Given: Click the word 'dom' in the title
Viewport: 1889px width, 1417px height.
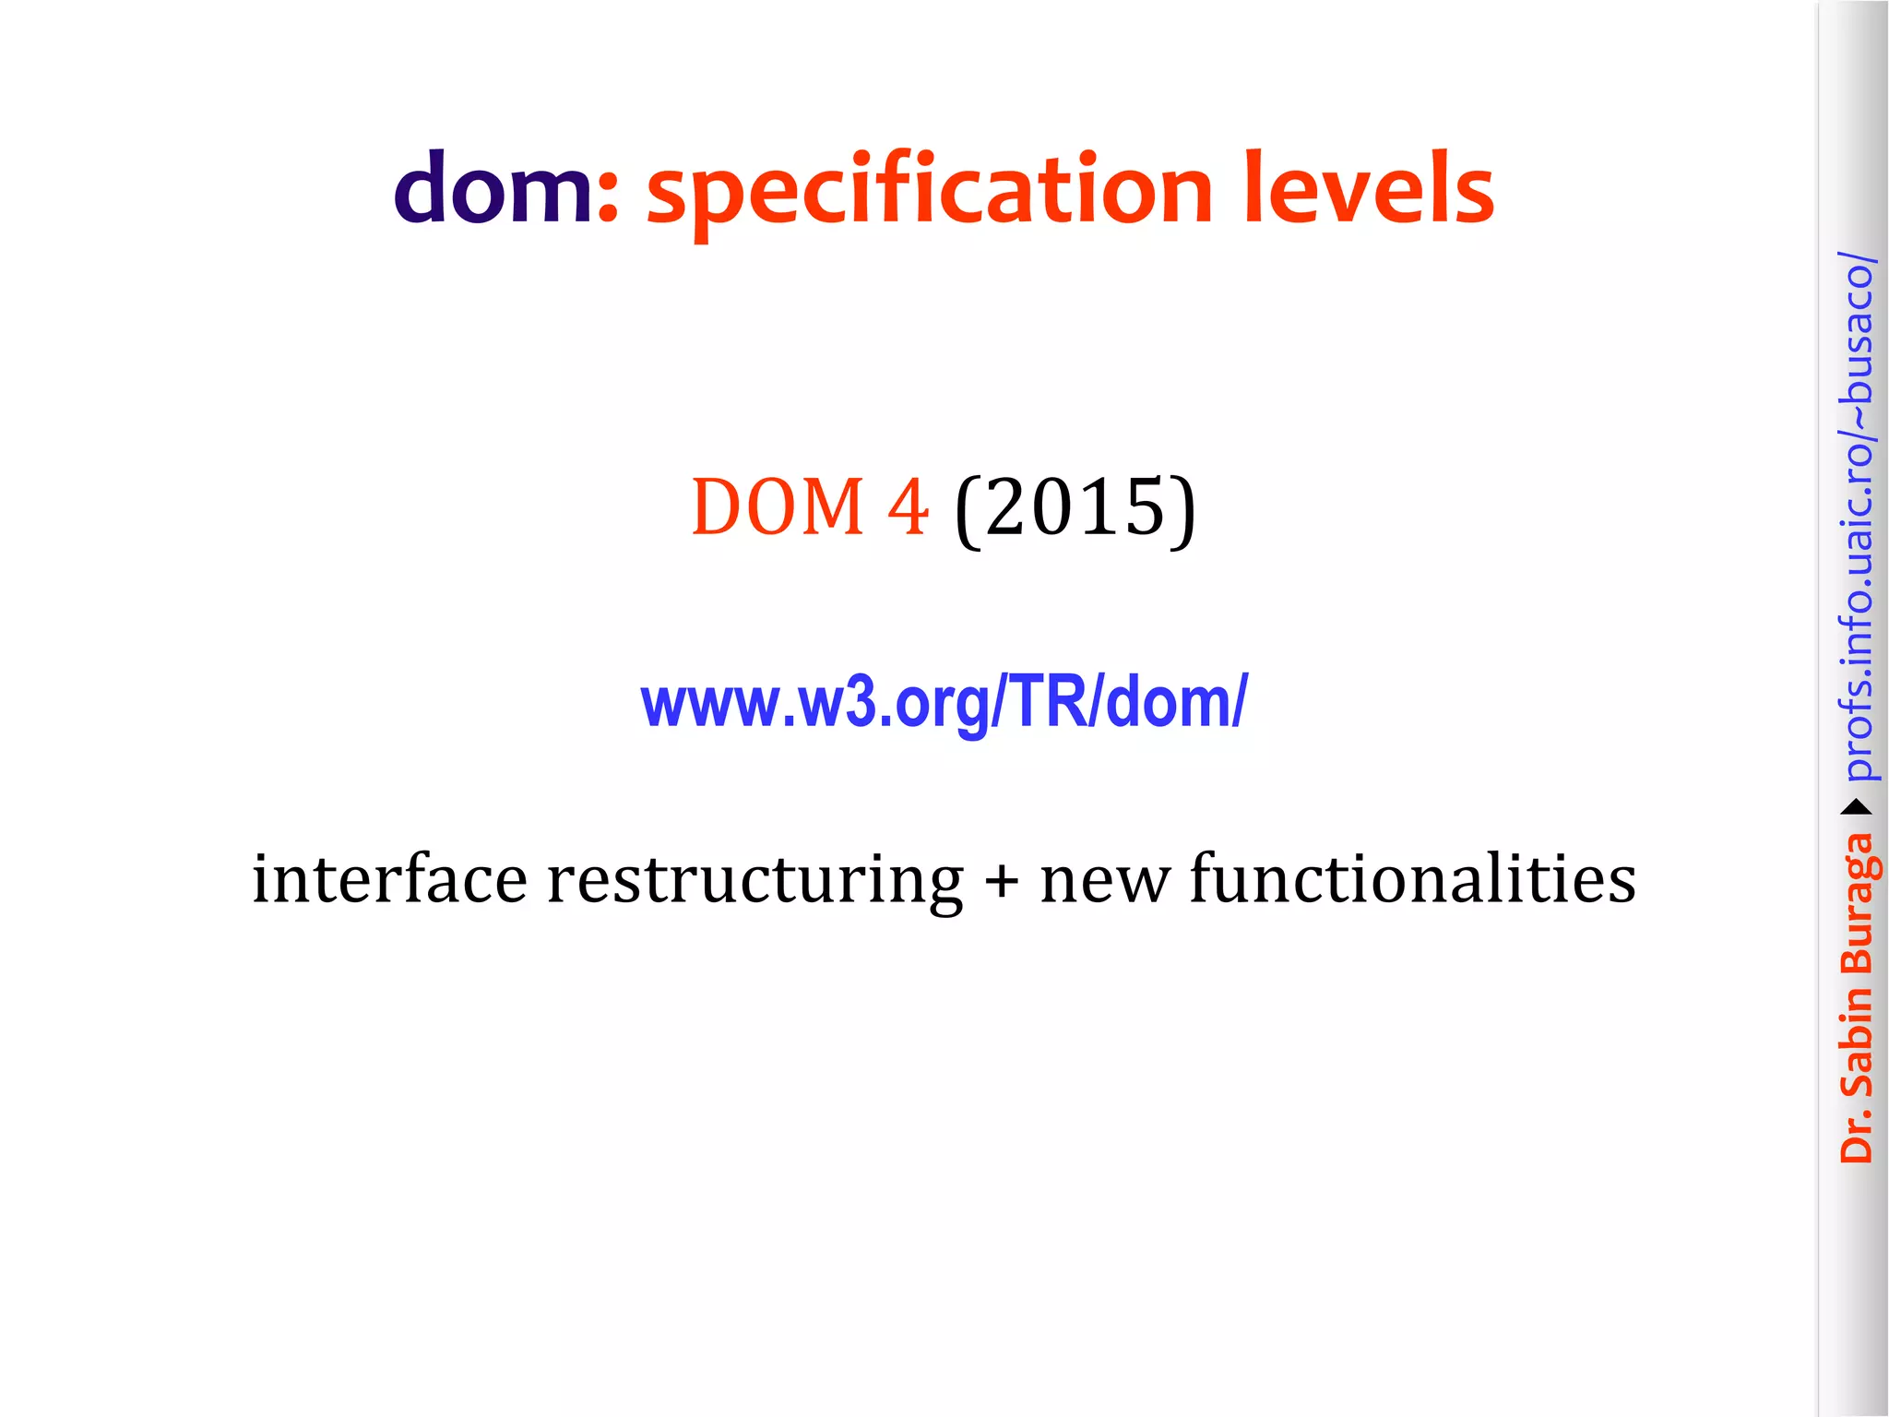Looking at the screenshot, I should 493,189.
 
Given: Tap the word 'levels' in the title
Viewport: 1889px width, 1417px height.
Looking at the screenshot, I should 1369,189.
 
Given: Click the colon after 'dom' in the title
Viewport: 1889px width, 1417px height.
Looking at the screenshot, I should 607,198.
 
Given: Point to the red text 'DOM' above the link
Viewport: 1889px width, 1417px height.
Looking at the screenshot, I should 778,507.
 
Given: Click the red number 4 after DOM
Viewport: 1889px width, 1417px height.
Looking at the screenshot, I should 908,507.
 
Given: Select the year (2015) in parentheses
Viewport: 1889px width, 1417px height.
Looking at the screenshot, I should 1075,509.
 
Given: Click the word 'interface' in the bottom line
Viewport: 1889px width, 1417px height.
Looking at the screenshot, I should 389,879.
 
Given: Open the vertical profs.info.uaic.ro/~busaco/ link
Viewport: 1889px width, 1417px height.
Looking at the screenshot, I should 1857,517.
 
